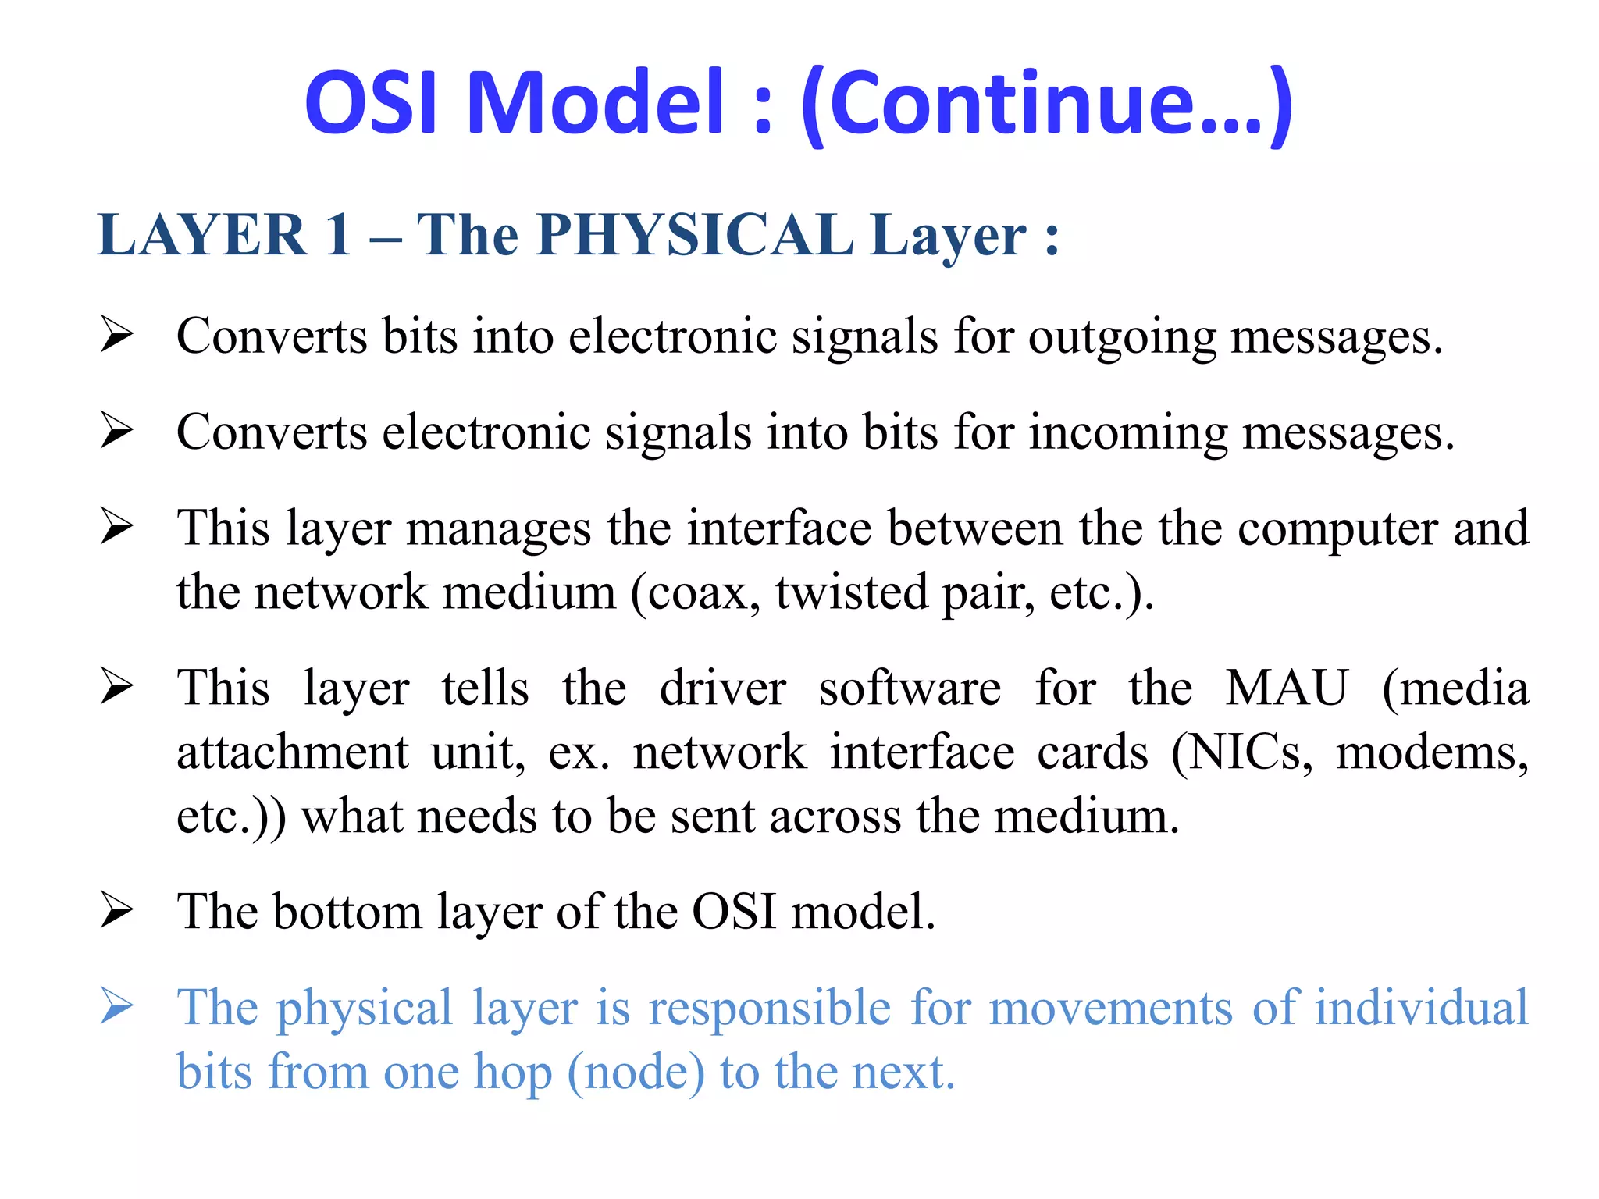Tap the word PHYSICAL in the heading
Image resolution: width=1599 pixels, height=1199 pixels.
pyautogui.click(x=694, y=234)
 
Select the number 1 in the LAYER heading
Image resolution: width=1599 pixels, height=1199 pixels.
pyautogui.click(x=337, y=234)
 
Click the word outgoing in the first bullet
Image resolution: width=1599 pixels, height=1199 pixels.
pyautogui.click(x=1121, y=337)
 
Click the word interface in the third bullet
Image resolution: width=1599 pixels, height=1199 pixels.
pyautogui.click(x=778, y=528)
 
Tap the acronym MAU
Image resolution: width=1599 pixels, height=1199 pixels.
pyautogui.click(x=1286, y=688)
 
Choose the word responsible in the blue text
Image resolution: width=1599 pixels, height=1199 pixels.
pyautogui.click(x=770, y=1007)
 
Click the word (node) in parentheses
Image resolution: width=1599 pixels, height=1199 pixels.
pyautogui.click(x=636, y=1073)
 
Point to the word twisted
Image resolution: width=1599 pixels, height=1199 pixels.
pyautogui.click(x=851, y=592)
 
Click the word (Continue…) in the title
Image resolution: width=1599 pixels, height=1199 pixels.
pyautogui.click(x=1047, y=105)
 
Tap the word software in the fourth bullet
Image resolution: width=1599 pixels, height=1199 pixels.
pyautogui.click(x=910, y=688)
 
